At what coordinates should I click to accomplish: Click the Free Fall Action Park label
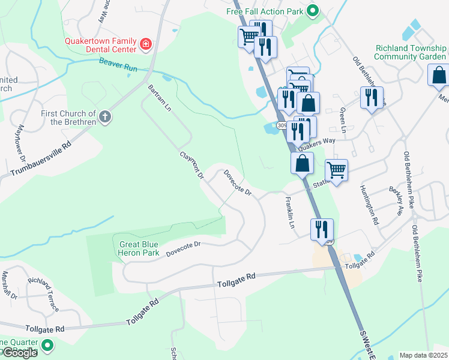click(x=264, y=11)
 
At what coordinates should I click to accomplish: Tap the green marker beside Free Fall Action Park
click(x=312, y=11)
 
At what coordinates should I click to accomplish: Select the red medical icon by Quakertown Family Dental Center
click(x=145, y=44)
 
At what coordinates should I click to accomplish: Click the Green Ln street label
click(x=343, y=121)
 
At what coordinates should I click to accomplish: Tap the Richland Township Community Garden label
click(x=411, y=52)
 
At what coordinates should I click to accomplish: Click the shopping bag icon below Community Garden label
click(x=439, y=76)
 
